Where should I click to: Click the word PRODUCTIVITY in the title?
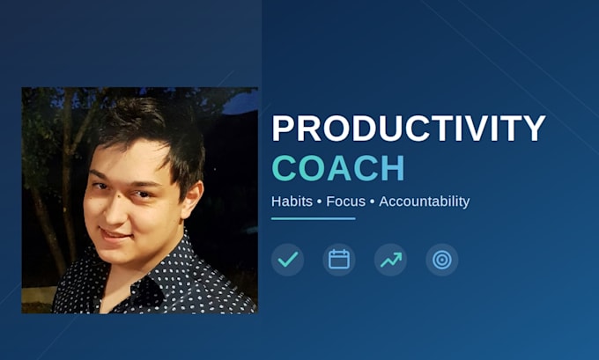tap(409, 129)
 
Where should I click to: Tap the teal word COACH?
tap(338, 168)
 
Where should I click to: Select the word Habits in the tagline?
tap(292, 202)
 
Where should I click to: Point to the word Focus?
tap(345, 202)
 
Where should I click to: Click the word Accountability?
tap(425, 202)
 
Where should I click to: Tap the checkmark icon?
tap(288, 260)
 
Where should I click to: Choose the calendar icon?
tap(339, 260)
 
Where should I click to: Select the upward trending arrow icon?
tap(390, 260)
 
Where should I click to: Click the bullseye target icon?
tap(442, 260)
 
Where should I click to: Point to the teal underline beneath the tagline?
tap(314, 219)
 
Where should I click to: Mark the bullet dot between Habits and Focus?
tap(320, 202)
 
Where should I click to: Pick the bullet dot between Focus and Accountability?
tap(372, 202)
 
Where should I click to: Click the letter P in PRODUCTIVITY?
tap(283, 129)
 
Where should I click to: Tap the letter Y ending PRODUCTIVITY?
tap(533, 129)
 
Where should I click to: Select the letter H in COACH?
tap(393, 168)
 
